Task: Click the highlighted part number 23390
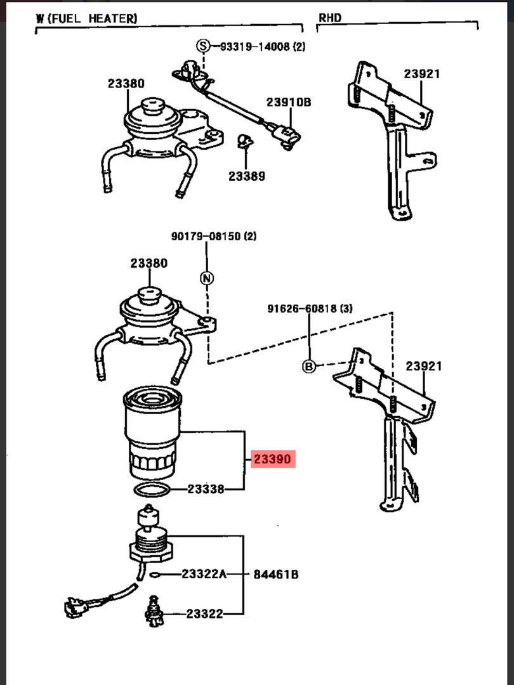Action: click(273, 459)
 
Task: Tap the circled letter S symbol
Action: click(203, 46)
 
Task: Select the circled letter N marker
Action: click(207, 278)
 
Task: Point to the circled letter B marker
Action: click(308, 367)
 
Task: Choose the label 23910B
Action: click(289, 101)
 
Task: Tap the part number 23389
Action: click(246, 176)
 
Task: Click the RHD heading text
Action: click(330, 18)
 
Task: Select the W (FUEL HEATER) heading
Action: click(86, 18)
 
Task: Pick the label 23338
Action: click(206, 489)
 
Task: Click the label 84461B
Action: click(276, 575)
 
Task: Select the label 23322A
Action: click(204, 574)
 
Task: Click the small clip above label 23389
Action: click(246, 141)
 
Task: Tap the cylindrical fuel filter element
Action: click(152, 433)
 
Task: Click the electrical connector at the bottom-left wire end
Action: click(74, 607)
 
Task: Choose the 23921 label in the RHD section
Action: click(422, 74)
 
